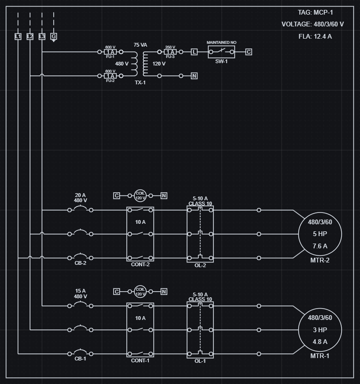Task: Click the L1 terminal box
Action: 18,36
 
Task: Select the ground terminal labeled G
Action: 54,36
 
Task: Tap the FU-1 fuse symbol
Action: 110,52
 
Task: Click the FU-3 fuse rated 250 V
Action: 170,52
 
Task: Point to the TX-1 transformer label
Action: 140,82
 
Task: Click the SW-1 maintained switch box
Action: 221,52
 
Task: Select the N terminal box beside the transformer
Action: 194,76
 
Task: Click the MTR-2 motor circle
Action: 320,234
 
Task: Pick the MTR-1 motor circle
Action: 320,330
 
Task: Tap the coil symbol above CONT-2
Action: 140,196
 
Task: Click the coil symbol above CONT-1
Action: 140,292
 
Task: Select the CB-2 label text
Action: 81,263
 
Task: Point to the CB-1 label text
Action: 81,359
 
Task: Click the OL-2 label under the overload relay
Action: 200,265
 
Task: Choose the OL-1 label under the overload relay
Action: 200,361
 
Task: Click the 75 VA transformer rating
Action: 140,45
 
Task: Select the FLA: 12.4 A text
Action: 315,36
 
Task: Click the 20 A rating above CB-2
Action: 81,195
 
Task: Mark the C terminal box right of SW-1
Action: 249,52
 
